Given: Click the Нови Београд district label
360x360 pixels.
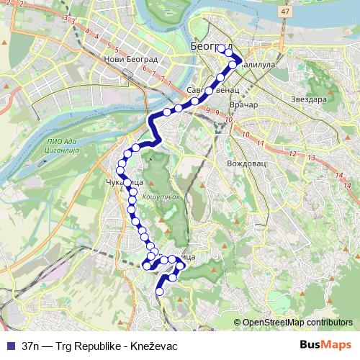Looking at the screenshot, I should pos(130,60).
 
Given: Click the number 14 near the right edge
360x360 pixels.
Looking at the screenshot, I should pos(338,174).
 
